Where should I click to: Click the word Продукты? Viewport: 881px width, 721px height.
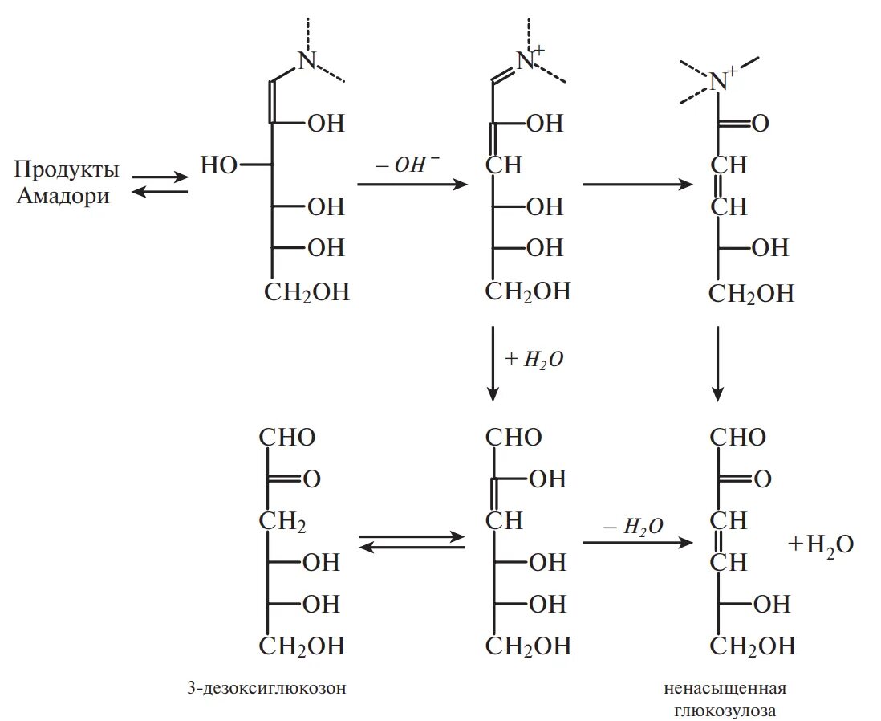(x=67, y=169)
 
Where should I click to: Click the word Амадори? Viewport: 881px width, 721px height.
(x=63, y=196)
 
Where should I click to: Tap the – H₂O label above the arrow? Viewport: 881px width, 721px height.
(x=633, y=526)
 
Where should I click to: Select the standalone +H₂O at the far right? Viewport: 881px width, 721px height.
(x=820, y=544)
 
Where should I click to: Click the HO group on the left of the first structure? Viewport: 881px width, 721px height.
(x=219, y=165)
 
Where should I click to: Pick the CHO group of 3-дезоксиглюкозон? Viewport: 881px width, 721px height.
(x=287, y=438)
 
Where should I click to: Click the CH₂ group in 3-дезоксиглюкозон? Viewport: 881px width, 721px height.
(x=282, y=522)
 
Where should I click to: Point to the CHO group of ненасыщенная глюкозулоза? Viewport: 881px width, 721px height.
(x=739, y=438)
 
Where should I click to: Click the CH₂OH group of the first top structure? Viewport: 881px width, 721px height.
(x=307, y=291)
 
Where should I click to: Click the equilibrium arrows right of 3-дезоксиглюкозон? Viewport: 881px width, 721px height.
(x=412, y=543)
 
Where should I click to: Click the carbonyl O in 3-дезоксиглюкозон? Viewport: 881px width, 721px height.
(x=311, y=479)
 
